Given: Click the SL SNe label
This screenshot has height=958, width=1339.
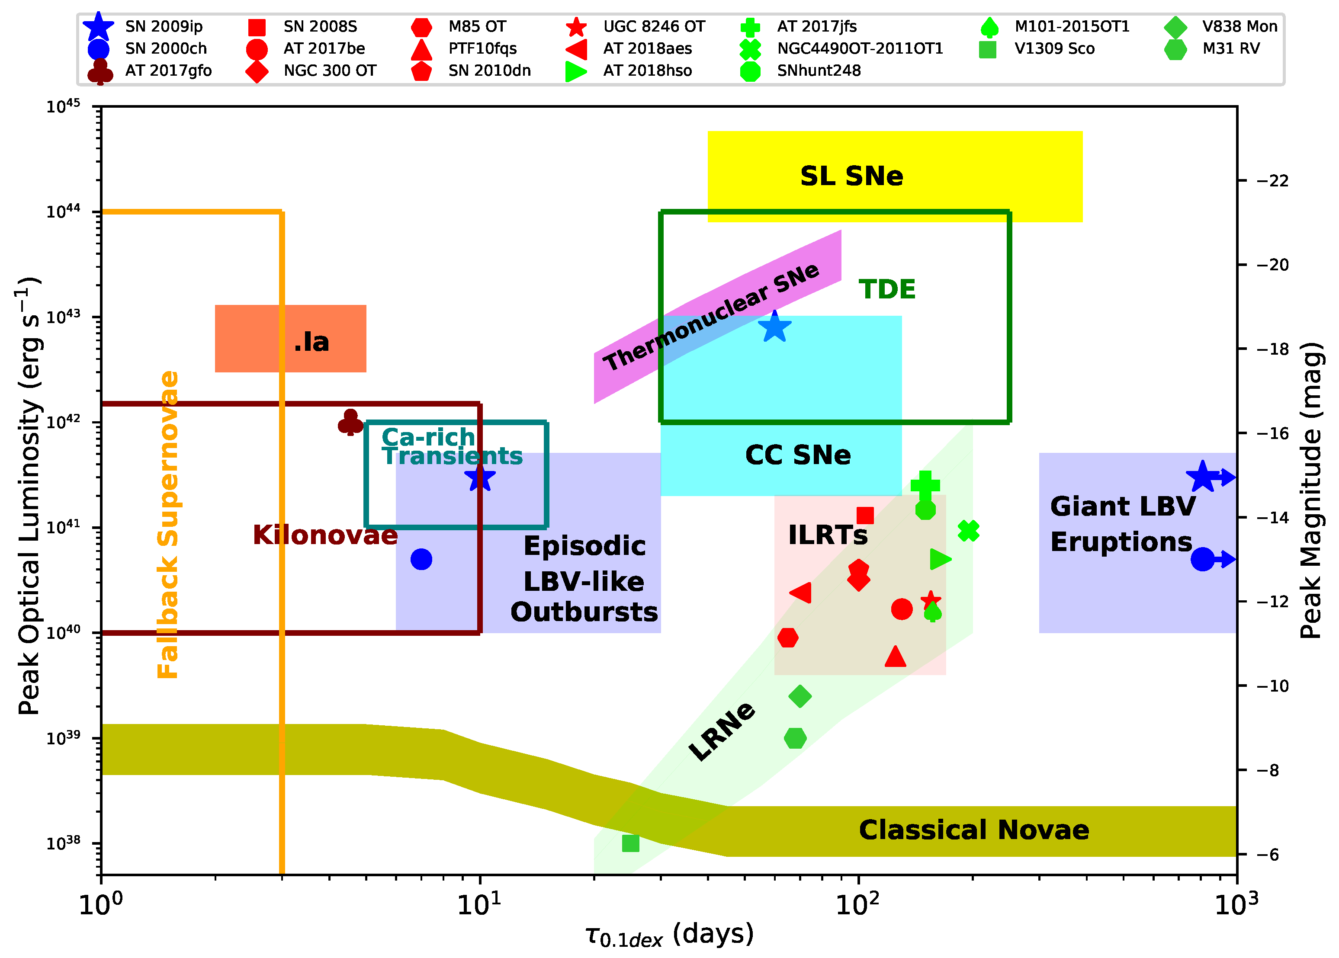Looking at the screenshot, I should (851, 176).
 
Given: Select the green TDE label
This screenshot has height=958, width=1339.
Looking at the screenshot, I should (886, 289).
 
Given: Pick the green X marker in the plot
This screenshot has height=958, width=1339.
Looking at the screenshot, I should (968, 531).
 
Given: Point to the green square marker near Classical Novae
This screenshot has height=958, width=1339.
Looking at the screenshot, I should (630, 843).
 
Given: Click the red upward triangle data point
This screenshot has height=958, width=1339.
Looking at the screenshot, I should (895, 657).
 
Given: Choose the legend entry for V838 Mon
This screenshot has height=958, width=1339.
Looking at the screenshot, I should (1239, 26).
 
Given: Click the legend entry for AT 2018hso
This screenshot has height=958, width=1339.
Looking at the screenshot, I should (647, 71).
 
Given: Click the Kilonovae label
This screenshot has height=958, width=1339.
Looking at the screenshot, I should (325, 535).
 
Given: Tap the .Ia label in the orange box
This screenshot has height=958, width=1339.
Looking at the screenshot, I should (311, 342).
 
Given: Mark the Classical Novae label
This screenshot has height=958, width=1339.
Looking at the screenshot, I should (974, 830).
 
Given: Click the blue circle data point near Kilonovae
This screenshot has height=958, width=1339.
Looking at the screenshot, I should (421, 559).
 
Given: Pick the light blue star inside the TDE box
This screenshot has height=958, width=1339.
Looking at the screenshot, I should (774, 327).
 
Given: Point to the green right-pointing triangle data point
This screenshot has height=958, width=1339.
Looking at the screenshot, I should (940, 559).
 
